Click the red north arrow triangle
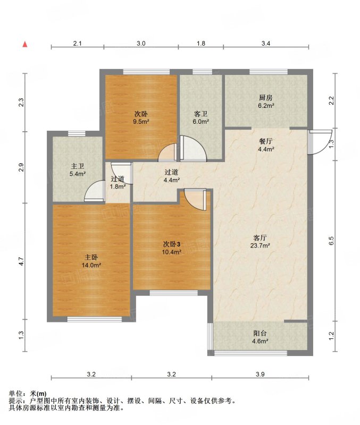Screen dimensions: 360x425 (x=25, y=45)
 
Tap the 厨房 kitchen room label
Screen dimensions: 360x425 (x=265, y=97)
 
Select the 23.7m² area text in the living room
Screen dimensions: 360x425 (x=260, y=246)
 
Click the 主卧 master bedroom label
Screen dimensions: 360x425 (x=91, y=257)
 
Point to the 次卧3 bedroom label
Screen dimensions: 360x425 (x=172, y=244)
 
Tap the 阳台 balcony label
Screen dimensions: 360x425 (x=260, y=334)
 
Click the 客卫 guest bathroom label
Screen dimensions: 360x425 (x=201, y=114)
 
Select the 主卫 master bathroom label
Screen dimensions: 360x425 (x=77, y=166)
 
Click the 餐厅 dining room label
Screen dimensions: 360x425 (x=265, y=141)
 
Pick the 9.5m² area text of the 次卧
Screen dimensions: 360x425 (x=141, y=122)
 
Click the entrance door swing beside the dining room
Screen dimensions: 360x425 (x=320, y=142)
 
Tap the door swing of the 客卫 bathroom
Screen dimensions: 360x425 (x=194, y=148)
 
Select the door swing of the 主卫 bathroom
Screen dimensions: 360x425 (x=94, y=191)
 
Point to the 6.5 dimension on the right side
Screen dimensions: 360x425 (x=331, y=241)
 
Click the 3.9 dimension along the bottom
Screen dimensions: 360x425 (x=260, y=375)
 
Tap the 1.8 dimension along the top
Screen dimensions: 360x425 (x=201, y=44)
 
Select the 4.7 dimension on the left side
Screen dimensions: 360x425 (x=21, y=261)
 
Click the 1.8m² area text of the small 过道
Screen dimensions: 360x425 (x=118, y=186)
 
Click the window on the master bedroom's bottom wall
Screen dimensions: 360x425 (x=95, y=319)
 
